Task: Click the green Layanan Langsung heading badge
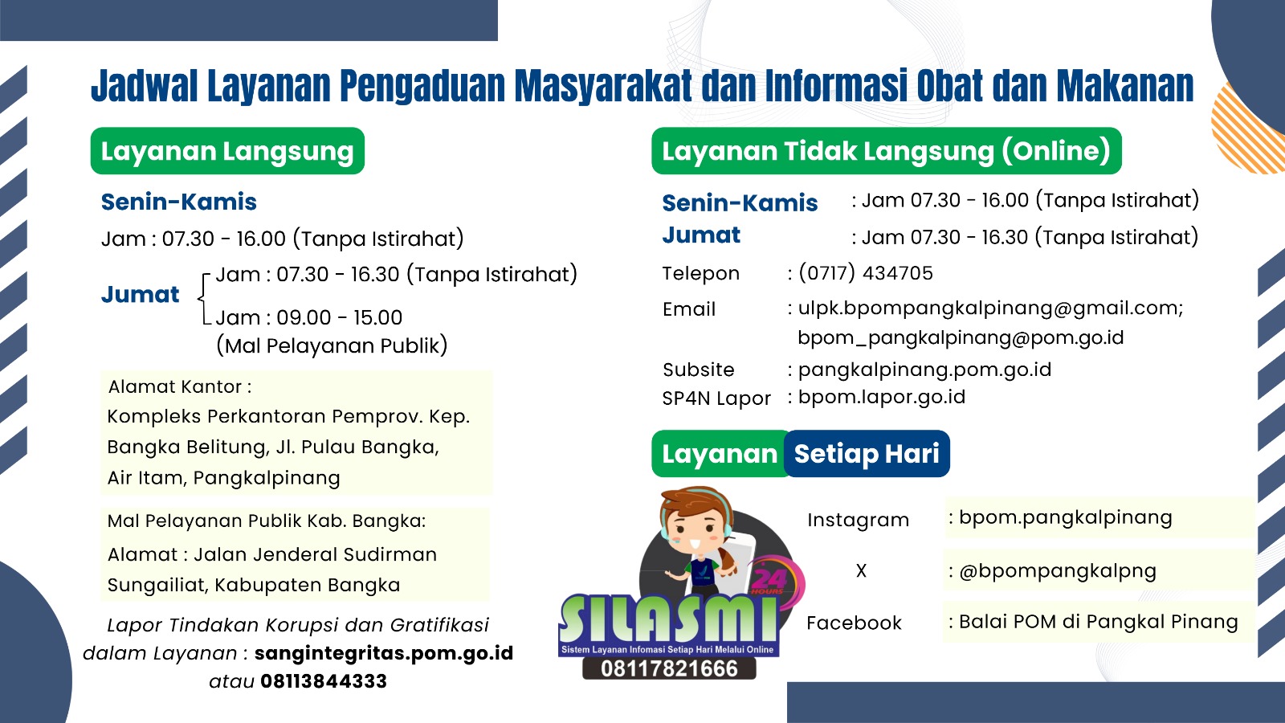coord(228,151)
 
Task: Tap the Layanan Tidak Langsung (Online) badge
coord(887,151)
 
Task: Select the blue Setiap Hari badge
coord(867,454)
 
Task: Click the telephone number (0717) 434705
coord(866,273)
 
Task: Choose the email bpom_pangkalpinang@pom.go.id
coord(961,338)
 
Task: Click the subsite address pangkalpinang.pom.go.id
coord(924,370)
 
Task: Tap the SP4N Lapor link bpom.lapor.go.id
coord(882,397)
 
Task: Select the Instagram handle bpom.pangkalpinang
coord(1065,518)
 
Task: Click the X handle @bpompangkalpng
coord(1057,571)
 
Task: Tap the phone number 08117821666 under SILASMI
coord(669,669)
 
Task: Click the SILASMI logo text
coord(669,619)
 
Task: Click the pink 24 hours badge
coord(773,581)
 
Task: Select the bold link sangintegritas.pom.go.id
coord(384,653)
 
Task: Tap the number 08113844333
coord(324,681)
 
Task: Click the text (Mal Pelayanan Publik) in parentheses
coord(332,345)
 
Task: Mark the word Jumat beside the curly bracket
coord(140,294)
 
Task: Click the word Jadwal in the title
coord(145,86)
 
